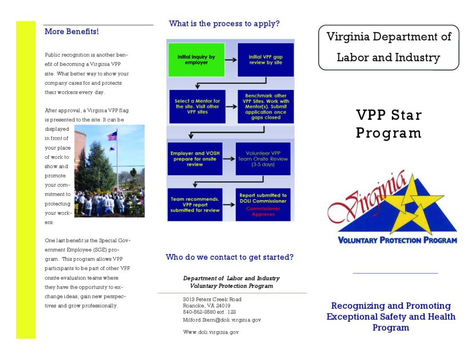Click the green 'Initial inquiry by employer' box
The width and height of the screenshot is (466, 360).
(197, 60)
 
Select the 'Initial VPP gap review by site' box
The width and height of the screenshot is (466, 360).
(265, 60)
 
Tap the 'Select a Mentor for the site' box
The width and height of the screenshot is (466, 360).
(197, 106)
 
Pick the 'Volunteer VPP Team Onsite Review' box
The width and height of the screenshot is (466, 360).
(263, 159)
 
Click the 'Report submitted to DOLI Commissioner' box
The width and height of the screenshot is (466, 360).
(263, 204)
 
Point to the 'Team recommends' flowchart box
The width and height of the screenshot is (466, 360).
(195, 204)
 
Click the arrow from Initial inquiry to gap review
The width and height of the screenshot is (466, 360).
(231, 60)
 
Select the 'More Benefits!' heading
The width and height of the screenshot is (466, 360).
(71, 32)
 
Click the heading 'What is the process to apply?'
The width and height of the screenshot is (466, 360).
(224, 24)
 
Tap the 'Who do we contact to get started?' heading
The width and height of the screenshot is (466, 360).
(229, 257)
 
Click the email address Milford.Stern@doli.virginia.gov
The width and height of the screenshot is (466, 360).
(222, 320)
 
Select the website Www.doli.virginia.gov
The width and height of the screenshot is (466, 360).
(211, 332)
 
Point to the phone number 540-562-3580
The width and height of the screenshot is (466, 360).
(209, 312)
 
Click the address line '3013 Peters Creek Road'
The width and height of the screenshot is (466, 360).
(212, 299)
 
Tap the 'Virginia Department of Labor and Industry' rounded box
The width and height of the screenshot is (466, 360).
(389, 47)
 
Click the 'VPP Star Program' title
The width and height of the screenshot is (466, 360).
(389, 124)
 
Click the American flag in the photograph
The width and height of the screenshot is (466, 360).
(112, 136)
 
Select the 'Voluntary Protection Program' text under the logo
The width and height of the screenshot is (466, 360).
(397, 240)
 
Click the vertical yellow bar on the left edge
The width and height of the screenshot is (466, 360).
(25, 180)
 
